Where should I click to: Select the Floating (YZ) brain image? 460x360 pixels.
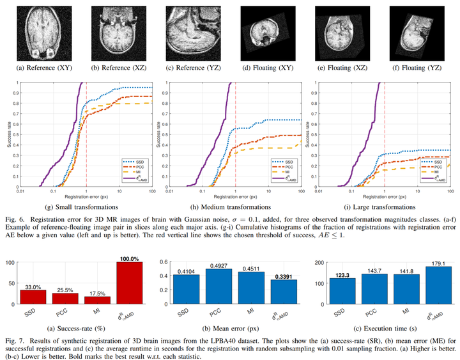(x=414, y=31)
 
